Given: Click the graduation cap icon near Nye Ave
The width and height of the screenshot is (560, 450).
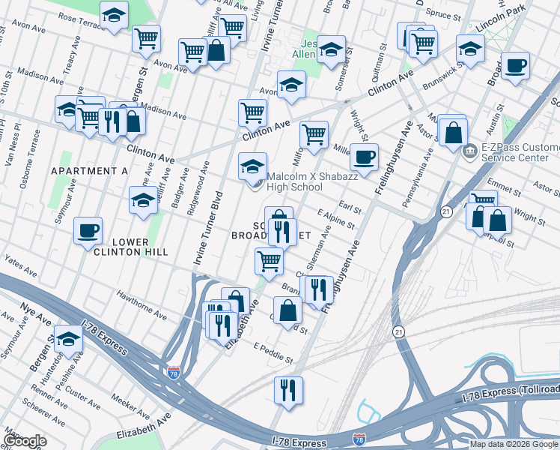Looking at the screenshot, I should [68, 338].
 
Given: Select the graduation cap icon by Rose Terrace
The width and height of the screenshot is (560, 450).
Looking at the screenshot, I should [114, 15].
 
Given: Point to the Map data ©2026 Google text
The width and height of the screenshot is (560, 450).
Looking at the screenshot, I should [514, 444].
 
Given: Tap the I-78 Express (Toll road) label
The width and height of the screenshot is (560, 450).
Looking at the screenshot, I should [507, 392].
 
